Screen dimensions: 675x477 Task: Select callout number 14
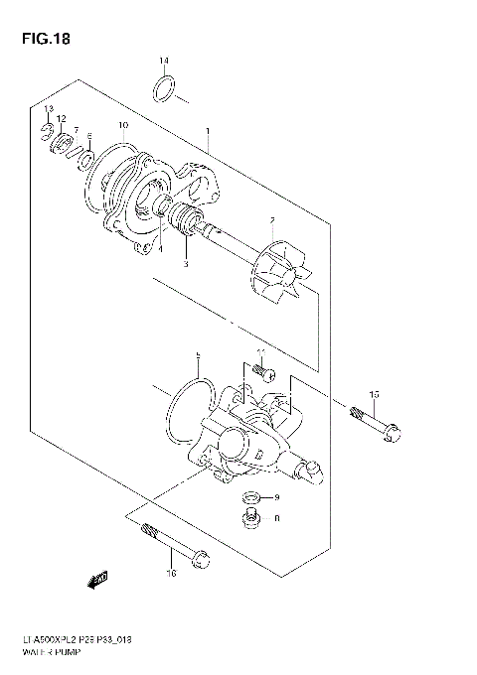pyautogui.click(x=165, y=63)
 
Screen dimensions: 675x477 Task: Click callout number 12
pyautogui.click(x=61, y=119)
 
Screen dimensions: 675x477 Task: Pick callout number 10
pyautogui.click(x=122, y=126)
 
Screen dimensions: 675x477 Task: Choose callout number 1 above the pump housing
pyautogui.click(x=207, y=130)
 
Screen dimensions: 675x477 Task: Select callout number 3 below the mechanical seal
pyautogui.click(x=184, y=264)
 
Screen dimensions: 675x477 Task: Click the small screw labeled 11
pyautogui.click(x=265, y=371)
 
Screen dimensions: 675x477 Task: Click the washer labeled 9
pyautogui.click(x=253, y=496)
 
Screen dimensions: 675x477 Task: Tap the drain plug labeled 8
pyautogui.click(x=252, y=516)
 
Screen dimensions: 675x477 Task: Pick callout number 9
pyautogui.click(x=278, y=496)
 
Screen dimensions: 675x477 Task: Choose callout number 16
pyautogui.click(x=170, y=574)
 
